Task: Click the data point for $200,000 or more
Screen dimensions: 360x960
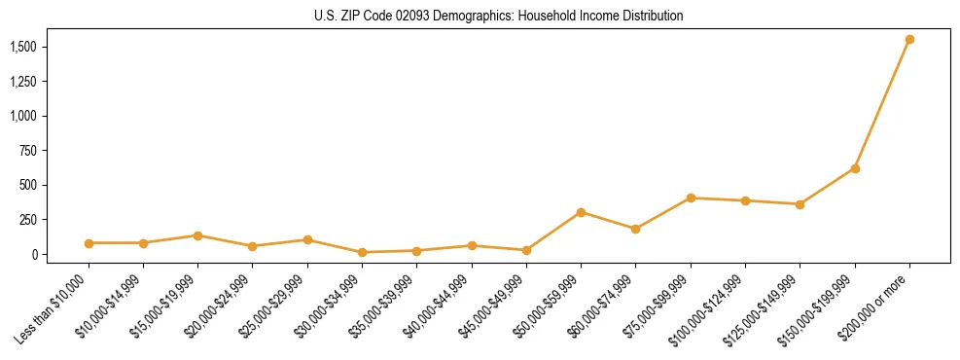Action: (909, 40)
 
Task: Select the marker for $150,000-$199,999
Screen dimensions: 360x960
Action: (855, 168)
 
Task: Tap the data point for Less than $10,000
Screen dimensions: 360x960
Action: (89, 243)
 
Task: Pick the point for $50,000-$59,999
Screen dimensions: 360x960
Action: (581, 212)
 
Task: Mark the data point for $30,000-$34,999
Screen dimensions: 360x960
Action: (362, 252)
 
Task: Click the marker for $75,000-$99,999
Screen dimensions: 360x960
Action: (691, 198)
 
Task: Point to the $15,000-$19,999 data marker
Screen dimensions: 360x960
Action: (197, 235)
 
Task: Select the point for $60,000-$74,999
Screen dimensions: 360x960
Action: (635, 229)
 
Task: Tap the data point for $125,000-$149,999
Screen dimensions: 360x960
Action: (800, 204)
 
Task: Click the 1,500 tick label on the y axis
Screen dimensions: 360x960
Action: (22, 47)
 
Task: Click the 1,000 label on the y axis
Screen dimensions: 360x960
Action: (22, 116)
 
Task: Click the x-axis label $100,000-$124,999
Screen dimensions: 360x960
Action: (709, 309)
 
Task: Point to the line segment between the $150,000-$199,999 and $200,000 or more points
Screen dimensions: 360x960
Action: (882, 104)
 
